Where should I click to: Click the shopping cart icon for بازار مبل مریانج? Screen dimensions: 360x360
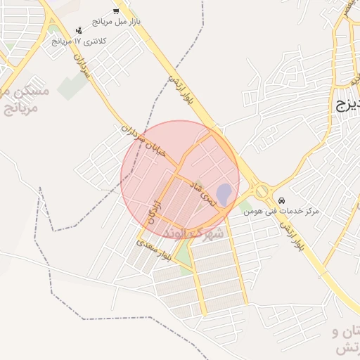[x=116, y=11]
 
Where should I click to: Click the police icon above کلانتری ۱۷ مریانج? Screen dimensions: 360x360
[x=79, y=30]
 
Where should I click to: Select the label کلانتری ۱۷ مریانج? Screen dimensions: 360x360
[x=79, y=41]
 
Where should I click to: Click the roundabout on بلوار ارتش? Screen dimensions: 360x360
[x=262, y=190]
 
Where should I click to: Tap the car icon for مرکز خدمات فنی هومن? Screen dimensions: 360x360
[x=282, y=200]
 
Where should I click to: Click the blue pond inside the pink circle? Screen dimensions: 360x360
[x=224, y=194]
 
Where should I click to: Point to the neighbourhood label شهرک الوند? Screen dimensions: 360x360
[x=193, y=231]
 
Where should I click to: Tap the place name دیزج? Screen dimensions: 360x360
[x=347, y=106]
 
